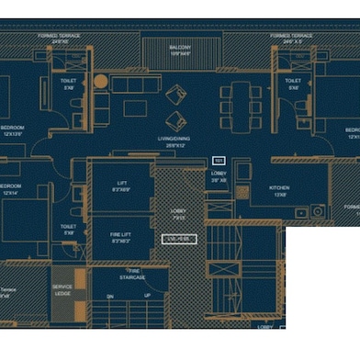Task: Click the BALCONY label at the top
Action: pos(180,50)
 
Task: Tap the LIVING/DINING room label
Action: pos(178,142)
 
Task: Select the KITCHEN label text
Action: pos(279,190)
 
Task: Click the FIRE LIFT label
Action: pos(119,237)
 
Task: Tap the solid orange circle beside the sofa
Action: pos(100,82)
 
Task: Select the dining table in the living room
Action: pos(242,105)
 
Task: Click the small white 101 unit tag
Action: pos(219,160)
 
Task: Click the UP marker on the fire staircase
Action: pos(147,297)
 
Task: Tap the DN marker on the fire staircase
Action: pos(109,297)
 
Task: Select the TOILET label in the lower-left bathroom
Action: pos(67,229)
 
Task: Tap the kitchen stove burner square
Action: pos(317,212)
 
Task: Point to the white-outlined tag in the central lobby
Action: pos(180,239)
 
